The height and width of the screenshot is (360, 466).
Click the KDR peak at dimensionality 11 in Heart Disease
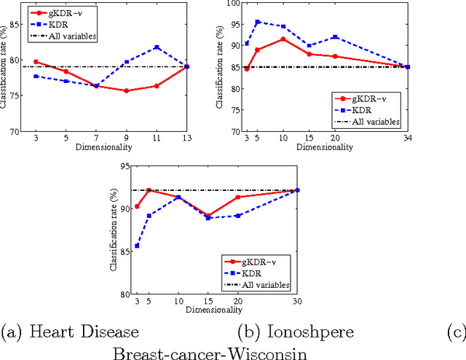157,47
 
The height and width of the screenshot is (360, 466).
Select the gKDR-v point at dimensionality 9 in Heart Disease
127,91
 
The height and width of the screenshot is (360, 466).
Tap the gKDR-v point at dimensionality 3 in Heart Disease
36,62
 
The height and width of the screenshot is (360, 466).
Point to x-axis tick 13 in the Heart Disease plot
187,137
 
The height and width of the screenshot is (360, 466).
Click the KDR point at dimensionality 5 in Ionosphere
257,22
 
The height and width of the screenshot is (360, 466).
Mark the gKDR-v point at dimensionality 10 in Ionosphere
283,39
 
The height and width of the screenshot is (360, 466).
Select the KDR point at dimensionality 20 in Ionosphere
336,36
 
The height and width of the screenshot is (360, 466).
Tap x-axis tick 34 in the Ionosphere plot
407,137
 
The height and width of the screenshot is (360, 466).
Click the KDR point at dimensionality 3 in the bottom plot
137,246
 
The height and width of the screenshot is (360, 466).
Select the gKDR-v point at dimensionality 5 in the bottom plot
148,190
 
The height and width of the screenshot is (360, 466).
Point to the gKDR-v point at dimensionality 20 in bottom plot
237,197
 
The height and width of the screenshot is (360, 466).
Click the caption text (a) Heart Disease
71,332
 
